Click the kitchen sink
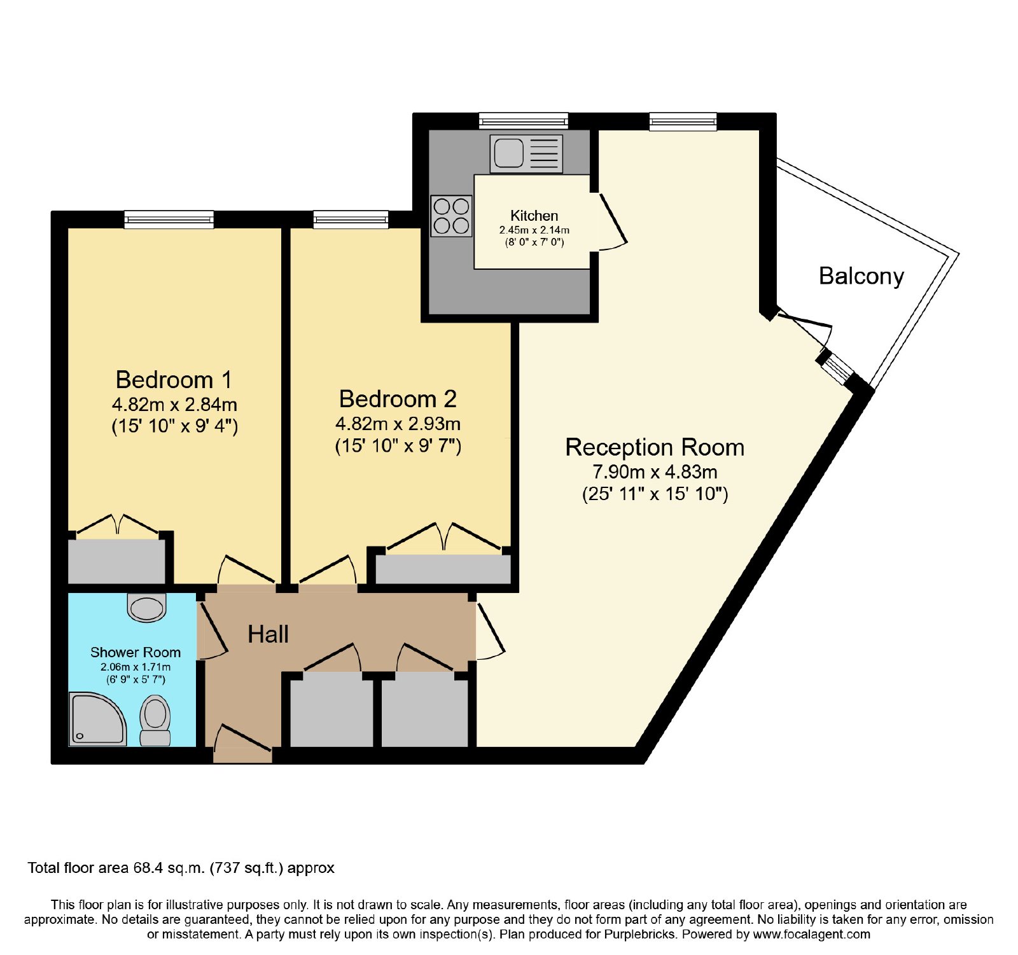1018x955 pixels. click(x=526, y=153)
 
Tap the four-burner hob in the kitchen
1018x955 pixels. click(x=452, y=216)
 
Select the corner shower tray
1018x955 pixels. click(x=98, y=720)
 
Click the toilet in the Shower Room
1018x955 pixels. click(x=155, y=720)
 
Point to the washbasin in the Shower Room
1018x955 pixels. click(x=147, y=607)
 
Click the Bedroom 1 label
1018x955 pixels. click(x=174, y=380)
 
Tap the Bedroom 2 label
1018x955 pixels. click(x=398, y=399)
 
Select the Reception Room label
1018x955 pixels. click(x=655, y=447)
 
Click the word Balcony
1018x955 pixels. click(x=861, y=276)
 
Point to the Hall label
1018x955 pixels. click(x=268, y=634)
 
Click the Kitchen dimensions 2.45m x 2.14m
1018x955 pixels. click(x=534, y=230)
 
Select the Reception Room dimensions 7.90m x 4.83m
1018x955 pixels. click(x=655, y=472)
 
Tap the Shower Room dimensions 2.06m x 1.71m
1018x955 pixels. click(x=136, y=667)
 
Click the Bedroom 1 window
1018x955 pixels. click(x=169, y=220)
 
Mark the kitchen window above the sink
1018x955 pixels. click(x=524, y=121)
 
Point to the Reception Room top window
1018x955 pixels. click(x=683, y=122)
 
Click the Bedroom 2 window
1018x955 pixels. click(x=351, y=220)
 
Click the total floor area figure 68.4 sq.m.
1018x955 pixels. click(x=169, y=868)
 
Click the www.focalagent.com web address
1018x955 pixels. click(x=811, y=935)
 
